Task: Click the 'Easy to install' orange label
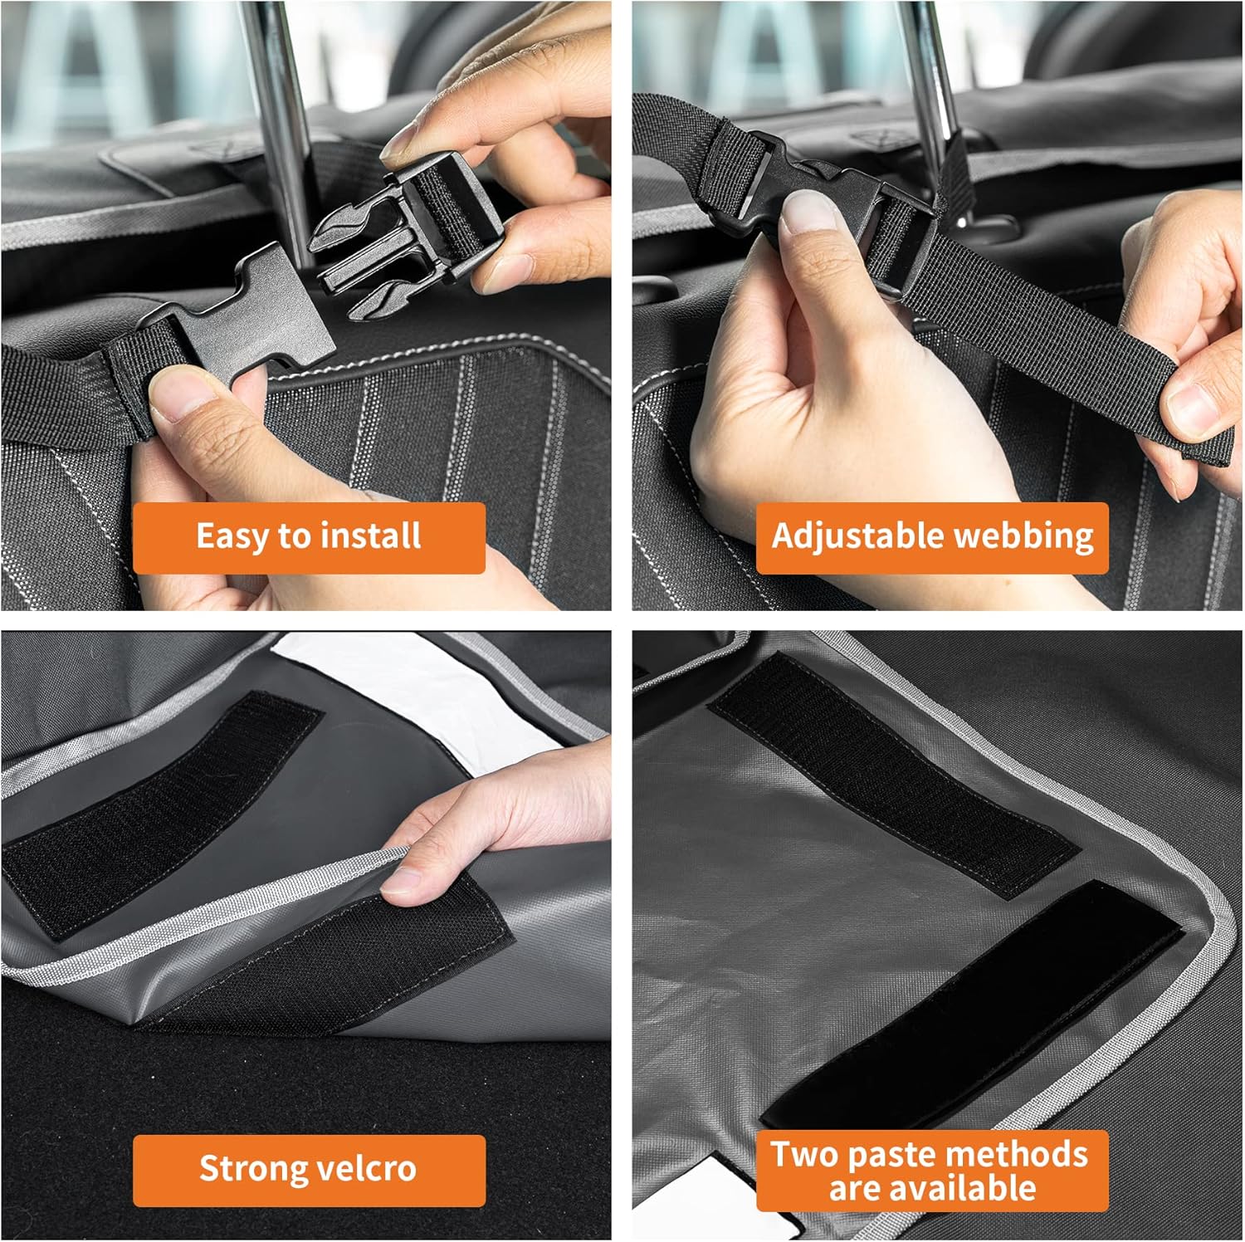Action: pos(309,537)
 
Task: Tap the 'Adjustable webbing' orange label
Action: pos(932,537)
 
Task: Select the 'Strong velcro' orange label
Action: pos(309,1170)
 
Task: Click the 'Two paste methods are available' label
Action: pos(932,1171)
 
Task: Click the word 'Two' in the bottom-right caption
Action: pos(804,1155)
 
